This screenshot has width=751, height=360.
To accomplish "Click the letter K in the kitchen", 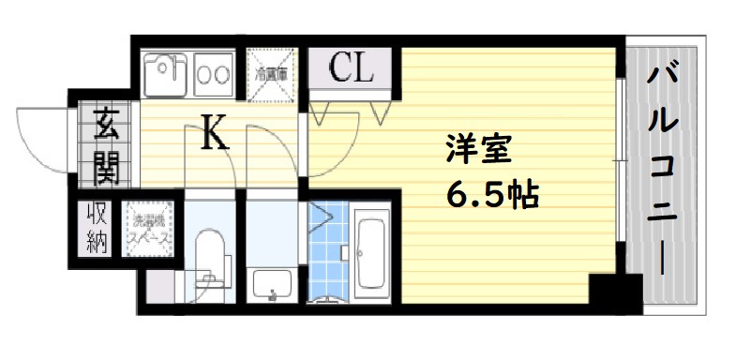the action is (216, 137).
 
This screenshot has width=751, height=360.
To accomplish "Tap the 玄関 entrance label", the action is (103, 145).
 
